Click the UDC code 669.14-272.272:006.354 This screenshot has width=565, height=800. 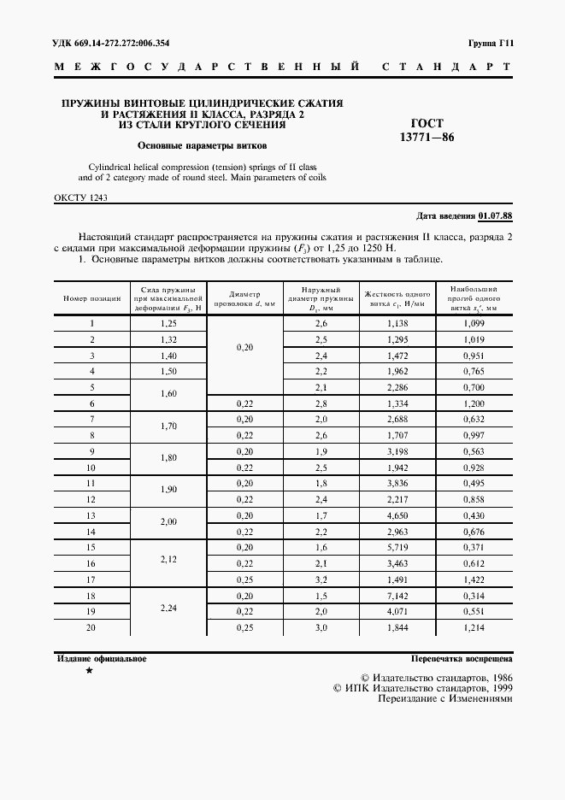coord(107,42)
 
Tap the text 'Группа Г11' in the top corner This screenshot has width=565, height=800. coord(489,42)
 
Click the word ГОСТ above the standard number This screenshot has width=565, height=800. coord(427,123)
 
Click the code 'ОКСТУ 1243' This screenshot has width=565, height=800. coord(80,197)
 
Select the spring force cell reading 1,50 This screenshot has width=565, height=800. coord(168,371)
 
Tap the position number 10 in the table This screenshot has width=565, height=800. coord(91,467)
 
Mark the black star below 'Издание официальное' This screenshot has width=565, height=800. coord(89,672)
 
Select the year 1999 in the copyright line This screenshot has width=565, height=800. coord(500,686)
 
